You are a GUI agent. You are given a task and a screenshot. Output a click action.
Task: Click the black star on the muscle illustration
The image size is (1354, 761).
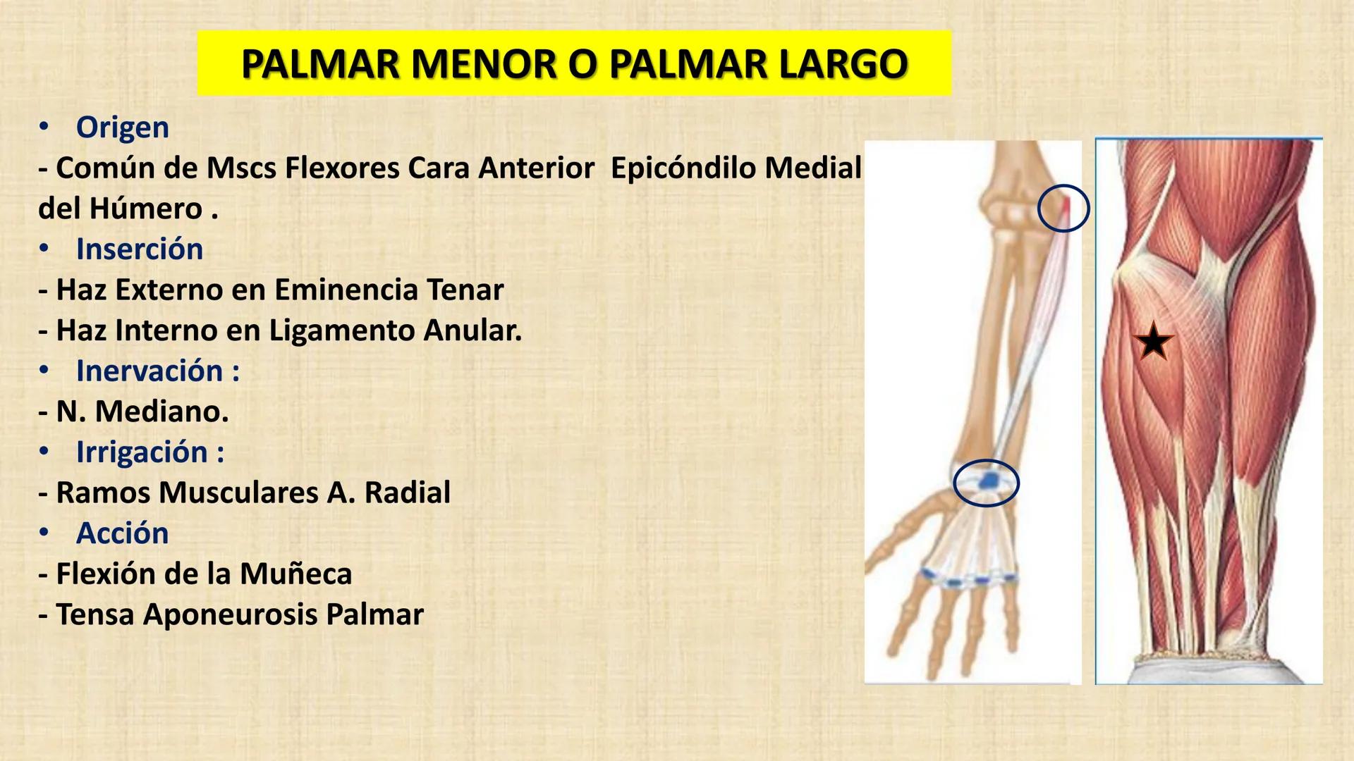1154,342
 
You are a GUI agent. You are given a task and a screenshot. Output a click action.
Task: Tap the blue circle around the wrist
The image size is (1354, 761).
986,483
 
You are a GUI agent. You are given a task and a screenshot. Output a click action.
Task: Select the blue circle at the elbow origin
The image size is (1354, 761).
1063,209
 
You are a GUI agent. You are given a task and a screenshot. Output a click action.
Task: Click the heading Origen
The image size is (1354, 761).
123,128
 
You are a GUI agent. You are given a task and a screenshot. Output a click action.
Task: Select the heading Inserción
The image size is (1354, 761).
140,249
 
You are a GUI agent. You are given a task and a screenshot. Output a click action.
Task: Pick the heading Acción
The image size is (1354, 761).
123,533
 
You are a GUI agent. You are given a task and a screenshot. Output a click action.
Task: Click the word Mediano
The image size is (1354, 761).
161,412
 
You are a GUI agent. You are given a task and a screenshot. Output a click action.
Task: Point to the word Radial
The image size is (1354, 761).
407,493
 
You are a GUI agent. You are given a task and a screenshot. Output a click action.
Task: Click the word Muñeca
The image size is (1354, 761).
295,574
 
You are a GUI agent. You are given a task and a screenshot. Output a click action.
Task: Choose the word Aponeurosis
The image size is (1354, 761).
230,614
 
